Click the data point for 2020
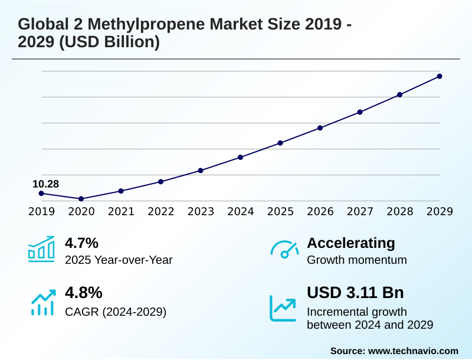[81, 199]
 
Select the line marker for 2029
[440, 76]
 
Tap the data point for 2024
[241, 157]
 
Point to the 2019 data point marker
[41, 194]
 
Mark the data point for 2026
[320, 127]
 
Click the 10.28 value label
[45, 184]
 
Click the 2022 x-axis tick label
[160, 212]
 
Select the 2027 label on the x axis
[360, 212]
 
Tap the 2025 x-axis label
[280, 212]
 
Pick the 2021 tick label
[121, 212]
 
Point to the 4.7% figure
[81, 243]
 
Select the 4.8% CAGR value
[84, 293]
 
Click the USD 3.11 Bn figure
[355, 293]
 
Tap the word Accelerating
[351, 243]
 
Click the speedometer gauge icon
[284, 250]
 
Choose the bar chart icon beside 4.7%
[41, 249]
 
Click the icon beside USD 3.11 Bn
[283, 307]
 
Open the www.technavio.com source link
[413, 351]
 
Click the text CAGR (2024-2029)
[116, 311]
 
